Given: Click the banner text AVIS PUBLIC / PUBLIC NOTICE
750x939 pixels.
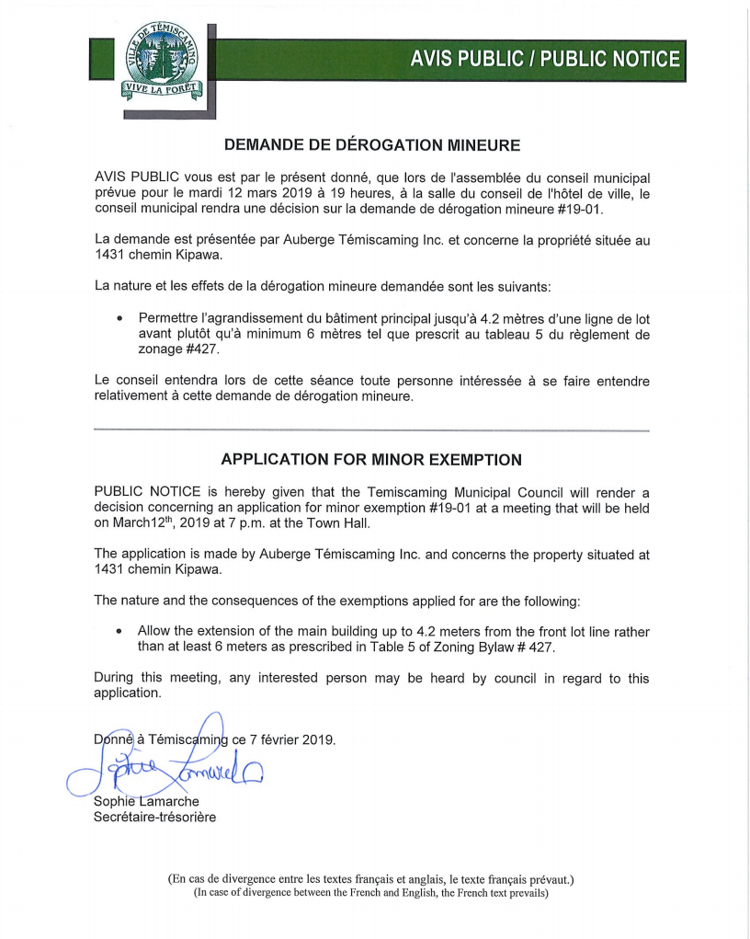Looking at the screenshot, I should (546, 60).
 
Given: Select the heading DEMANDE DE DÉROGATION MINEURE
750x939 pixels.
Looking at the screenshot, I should (372, 144).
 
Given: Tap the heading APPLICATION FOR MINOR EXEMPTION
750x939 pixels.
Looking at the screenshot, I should (372, 459).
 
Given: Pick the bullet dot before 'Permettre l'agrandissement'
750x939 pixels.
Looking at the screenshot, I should (120, 318).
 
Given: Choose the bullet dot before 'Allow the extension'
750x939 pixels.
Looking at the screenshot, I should (120, 633).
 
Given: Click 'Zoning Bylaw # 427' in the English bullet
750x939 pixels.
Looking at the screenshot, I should (501, 648).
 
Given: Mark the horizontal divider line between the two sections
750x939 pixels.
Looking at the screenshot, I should (372, 430).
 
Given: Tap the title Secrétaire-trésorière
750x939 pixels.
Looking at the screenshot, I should (155, 817).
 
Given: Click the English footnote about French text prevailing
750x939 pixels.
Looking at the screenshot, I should (370, 893).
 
